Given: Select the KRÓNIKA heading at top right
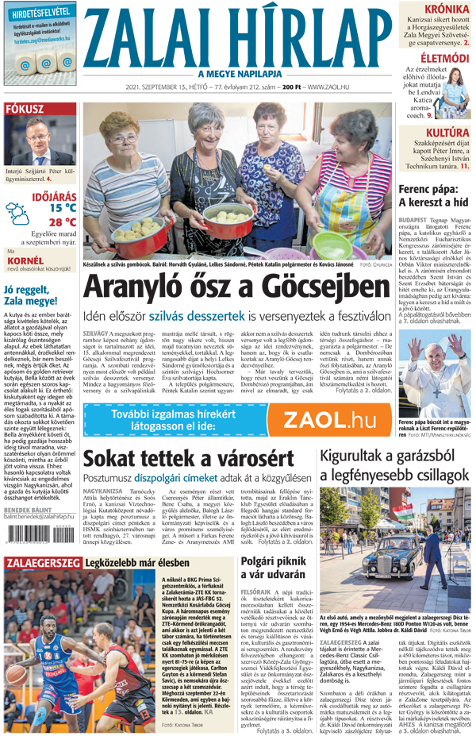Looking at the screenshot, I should coord(447,10).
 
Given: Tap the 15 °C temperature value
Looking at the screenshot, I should coord(62,208).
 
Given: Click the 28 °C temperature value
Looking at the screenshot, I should coord(62,222).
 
